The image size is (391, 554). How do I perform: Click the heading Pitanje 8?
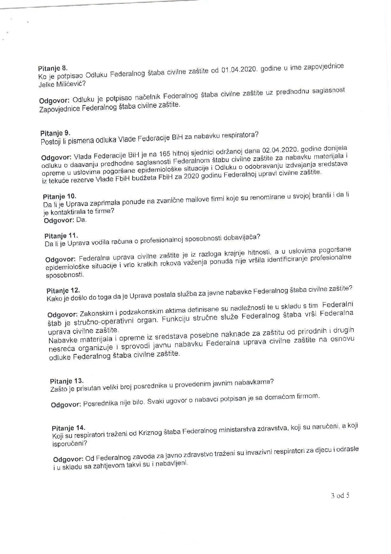click(53, 68)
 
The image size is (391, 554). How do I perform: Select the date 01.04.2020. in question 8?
click(239, 70)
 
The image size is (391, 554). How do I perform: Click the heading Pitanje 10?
click(60, 196)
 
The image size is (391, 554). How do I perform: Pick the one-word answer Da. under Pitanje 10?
click(82, 220)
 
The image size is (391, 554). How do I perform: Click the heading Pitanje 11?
click(61, 236)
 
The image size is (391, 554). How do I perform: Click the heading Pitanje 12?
click(63, 290)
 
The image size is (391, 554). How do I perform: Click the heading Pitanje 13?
click(67, 381)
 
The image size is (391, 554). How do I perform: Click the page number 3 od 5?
click(340, 495)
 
